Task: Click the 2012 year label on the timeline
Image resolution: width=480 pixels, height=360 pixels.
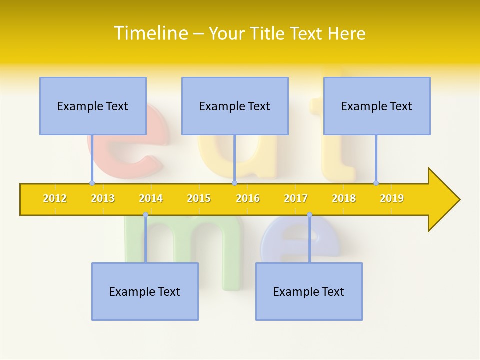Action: coord(55,198)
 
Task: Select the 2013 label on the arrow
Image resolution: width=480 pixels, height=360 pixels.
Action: coord(103,198)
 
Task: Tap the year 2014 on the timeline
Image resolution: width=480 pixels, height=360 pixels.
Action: coord(151,198)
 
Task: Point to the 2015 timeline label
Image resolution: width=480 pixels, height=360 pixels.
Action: coord(199,198)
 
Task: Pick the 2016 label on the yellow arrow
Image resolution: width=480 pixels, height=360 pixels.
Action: coord(248,198)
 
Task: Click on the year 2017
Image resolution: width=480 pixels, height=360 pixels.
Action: coord(296,198)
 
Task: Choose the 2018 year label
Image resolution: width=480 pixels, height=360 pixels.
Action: coord(344,198)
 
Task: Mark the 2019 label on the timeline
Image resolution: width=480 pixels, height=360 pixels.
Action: coord(392,198)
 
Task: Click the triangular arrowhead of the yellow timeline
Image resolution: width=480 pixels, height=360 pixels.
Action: coord(443,200)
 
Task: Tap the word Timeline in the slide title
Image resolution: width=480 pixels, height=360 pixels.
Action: coord(150,33)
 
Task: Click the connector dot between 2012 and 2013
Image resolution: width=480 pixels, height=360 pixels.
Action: coord(92,183)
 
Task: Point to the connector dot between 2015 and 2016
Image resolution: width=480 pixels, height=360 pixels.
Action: coord(234,183)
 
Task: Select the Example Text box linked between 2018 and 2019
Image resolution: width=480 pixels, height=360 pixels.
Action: coord(377,106)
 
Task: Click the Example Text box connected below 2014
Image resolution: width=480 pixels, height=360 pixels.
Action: coord(145,291)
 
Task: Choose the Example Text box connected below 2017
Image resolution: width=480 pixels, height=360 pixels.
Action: coord(309,291)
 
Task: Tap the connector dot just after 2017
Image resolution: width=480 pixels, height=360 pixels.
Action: coord(309,215)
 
